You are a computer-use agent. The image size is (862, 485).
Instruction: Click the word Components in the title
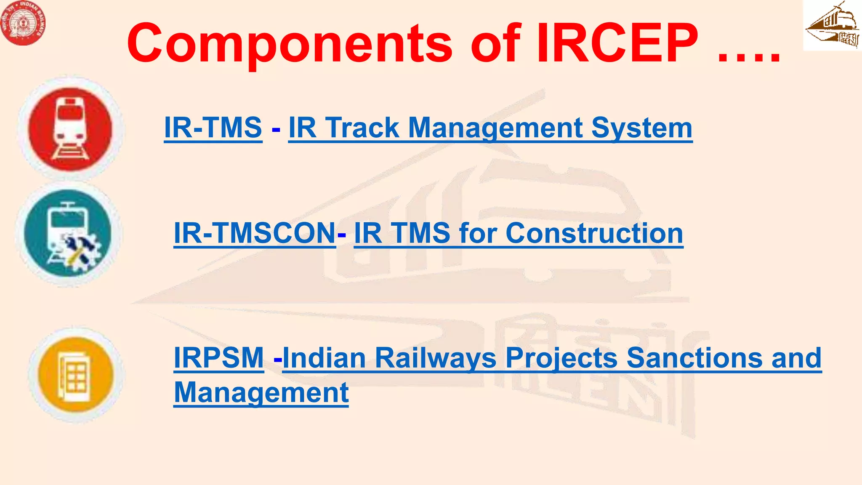[x=290, y=44]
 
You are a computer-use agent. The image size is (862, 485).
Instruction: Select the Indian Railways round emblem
[x=23, y=23]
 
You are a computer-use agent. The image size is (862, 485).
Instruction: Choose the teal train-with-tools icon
[x=68, y=234]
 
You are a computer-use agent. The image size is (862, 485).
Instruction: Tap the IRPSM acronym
[x=219, y=358]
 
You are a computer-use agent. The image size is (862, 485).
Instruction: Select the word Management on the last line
[x=261, y=392]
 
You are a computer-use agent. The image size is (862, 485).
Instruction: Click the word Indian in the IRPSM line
[x=324, y=358]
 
